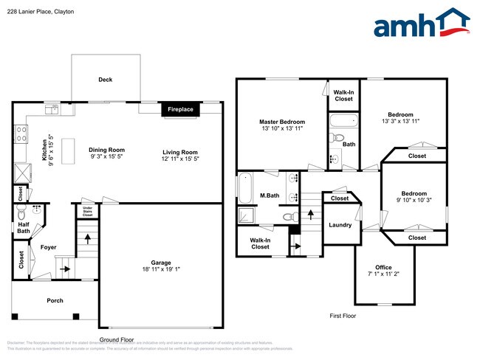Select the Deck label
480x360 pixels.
(x=106, y=80)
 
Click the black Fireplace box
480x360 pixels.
(x=180, y=109)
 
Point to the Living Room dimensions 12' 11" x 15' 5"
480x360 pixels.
(x=181, y=159)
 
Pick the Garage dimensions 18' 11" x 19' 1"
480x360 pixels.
(x=161, y=269)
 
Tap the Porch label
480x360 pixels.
(x=55, y=300)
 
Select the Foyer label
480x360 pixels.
(x=49, y=247)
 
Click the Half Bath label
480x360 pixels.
(x=24, y=227)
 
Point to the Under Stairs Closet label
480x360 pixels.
(x=87, y=212)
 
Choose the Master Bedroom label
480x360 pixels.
(x=281, y=122)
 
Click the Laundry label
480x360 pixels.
(x=340, y=225)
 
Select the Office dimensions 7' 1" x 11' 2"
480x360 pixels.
(x=383, y=274)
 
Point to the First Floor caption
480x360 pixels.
(x=343, y=316)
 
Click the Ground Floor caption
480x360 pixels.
(x=117, y=340)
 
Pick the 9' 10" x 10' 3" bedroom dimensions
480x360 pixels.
(x=414, y=200)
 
